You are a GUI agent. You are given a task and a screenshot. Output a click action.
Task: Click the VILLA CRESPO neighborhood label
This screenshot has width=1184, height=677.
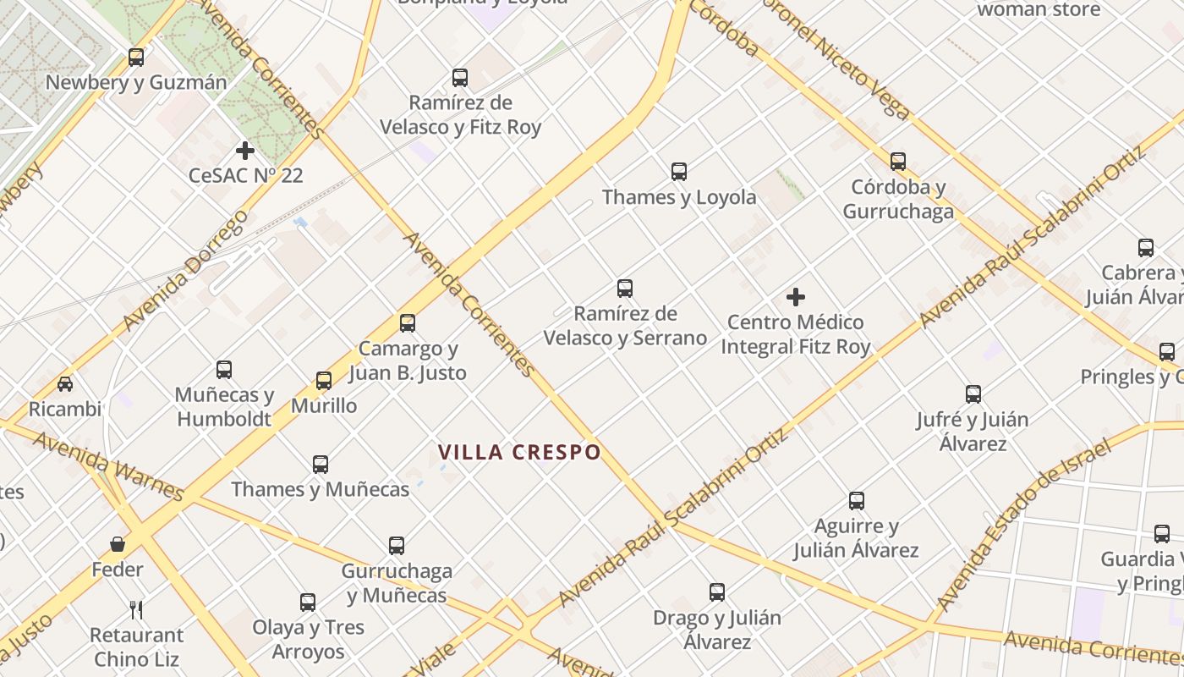click(519, 452)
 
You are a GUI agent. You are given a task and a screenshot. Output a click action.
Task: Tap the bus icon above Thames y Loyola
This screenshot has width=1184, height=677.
click(679, 172)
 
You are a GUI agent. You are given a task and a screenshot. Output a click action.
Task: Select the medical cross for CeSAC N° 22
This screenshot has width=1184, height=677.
click(245, 151)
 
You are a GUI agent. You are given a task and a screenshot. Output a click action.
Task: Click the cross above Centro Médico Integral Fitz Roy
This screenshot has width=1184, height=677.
click(796, 297)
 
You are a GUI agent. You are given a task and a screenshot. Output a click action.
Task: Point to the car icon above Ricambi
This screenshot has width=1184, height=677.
click(65, 384)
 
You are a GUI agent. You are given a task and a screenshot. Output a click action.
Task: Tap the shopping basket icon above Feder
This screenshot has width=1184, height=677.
click(118, 544)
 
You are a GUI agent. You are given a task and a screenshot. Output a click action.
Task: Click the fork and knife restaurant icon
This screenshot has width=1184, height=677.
click(136, 609)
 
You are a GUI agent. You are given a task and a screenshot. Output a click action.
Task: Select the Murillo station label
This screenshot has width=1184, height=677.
click(324, 405)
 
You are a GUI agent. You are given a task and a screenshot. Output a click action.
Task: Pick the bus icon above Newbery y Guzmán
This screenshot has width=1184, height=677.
click(136, 58)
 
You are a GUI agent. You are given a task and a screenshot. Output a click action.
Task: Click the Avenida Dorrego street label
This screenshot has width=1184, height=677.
click(185, 271)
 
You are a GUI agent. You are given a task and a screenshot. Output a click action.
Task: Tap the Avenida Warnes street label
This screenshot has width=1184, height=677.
click(107, 466)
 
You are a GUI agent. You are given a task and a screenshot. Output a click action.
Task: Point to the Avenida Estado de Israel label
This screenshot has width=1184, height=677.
click(1023, 524)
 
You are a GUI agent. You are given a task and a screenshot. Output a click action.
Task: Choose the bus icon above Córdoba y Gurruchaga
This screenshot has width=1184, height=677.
click(898, 161)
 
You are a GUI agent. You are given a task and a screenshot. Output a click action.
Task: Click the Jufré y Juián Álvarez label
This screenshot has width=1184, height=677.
click(973, 432)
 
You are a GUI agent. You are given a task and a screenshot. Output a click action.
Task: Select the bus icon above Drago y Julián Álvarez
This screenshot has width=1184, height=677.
click(717, 592)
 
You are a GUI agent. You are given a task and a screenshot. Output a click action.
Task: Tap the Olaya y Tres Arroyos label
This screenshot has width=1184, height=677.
click(308, 640)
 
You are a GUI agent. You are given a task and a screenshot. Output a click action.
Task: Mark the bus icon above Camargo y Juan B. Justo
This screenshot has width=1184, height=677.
click(408, 322)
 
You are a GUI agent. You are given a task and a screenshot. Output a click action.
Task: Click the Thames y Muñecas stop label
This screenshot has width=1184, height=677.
click(320, 489)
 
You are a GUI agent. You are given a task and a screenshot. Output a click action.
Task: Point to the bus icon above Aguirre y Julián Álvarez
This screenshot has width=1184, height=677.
click(857, 501)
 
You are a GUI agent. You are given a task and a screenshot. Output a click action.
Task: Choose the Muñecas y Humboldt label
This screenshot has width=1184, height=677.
click(224, 407)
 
